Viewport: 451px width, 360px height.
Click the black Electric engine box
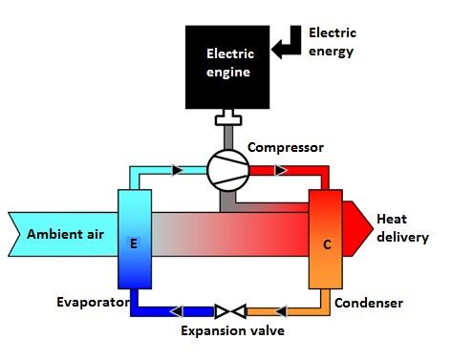(227, 67)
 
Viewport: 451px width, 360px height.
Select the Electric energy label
(333, 42)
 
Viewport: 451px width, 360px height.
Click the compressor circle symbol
(227, 171)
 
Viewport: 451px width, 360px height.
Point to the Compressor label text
(286, 148)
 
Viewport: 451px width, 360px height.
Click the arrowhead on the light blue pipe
(178, 170)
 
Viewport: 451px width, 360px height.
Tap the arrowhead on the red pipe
(281, 170)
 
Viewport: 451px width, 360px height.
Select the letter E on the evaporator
(134, 244)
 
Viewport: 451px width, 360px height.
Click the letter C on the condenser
(327, 244)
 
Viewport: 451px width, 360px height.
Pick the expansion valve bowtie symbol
(230, 311)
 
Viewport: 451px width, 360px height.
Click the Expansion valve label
(232, 330)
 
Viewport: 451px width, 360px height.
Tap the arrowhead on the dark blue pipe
(177, 311)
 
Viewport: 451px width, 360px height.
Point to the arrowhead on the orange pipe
(280, 311)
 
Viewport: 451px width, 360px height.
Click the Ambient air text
(65, 234)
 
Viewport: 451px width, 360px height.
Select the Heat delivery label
(402, 228)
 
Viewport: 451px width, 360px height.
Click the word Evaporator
(93, 302)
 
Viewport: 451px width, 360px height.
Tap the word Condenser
(369, 303)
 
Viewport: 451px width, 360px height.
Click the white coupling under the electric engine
(228, 117)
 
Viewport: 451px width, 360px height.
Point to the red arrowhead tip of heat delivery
(373, 228)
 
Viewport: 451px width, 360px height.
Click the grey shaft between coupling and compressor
(228, 138)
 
